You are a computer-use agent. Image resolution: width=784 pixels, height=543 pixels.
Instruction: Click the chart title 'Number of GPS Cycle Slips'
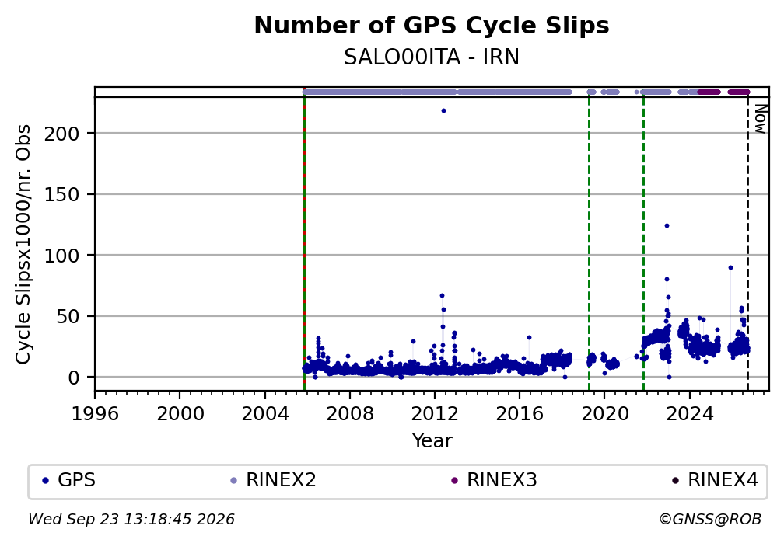tap(432, 26)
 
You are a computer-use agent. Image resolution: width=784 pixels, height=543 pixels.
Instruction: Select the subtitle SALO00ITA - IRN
tap(432, 57)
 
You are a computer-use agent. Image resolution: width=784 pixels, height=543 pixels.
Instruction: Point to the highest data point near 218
tap(443, 111)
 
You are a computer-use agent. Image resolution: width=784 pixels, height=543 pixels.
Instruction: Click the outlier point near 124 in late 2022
tap(667, 226)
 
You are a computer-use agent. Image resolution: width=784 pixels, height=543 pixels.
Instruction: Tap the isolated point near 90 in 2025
tap(730, 268)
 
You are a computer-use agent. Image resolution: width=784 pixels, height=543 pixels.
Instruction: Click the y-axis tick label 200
tap(62, 134)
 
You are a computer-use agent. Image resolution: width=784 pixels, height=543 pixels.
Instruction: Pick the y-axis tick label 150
tap(62, 195)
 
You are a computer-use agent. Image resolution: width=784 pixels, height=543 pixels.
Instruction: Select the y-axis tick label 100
tap(62, 256)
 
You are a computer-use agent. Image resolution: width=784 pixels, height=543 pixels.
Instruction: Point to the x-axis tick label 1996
tap(95, 414)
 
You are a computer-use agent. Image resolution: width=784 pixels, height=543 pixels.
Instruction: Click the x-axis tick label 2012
tap(435, 414)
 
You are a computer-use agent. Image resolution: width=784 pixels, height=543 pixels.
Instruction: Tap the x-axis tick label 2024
tap(689, 414)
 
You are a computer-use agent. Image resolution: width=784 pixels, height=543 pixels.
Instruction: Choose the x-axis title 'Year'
tap(432, 441)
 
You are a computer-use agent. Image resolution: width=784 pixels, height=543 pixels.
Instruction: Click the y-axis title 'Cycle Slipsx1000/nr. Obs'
tap(23, 245)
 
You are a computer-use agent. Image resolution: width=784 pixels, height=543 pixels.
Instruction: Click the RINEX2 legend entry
tap(273, 480)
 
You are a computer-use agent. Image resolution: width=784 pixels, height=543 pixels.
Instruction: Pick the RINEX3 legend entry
tap(494, 480)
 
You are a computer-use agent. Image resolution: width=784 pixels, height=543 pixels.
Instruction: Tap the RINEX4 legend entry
tap(715, 480)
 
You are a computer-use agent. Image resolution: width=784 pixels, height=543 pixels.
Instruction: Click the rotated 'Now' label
tap(760, 119)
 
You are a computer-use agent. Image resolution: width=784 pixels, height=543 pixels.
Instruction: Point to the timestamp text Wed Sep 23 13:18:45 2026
tap(131, 520)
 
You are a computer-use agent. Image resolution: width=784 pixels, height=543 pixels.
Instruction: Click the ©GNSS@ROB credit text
tap(710, 520)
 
